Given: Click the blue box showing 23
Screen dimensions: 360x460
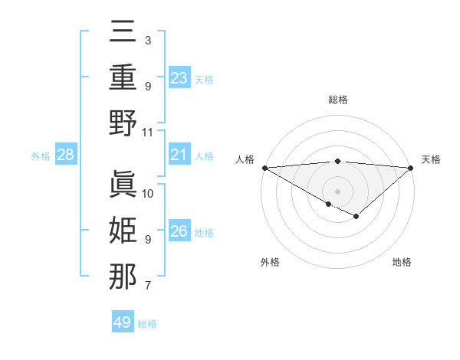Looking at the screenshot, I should [x=179, y=77].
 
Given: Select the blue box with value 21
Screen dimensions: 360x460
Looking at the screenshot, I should [x=179, y=155].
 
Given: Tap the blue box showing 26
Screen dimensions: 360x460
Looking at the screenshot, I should [x=179, y=231].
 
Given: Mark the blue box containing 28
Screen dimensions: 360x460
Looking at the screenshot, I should [x=66, y=155].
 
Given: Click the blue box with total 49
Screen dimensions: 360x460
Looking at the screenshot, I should [x=123, y=322].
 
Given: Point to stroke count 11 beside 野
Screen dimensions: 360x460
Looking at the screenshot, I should [x=148, y=132].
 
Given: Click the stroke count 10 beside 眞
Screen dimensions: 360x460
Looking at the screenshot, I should [x=148, y=194].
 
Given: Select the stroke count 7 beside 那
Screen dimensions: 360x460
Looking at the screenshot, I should [x=148, y=286].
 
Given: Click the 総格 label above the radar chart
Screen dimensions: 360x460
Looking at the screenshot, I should [x=337, y=100].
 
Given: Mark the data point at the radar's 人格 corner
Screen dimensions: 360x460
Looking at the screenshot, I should [x=264, y=168].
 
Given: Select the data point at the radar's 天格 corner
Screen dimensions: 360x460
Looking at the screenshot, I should [x=411, y=168].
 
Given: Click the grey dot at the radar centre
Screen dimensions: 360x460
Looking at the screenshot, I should [x=337, y=191].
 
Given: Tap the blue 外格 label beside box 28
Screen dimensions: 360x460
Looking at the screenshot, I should [x=41, y=155].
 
